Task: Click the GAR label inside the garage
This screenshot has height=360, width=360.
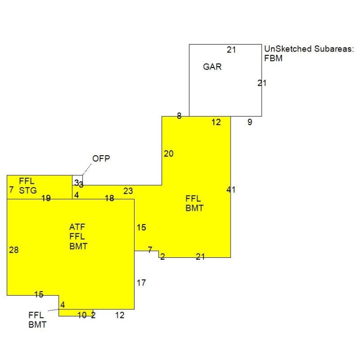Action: point(212,67)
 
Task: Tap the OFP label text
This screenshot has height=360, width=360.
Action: point(101,158)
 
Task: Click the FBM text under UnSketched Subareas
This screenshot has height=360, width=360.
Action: point(273,58)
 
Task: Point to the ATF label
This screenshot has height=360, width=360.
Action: point(77,227)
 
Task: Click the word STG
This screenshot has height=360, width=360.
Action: point(28,191)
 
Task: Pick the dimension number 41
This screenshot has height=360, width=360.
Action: point(231,190)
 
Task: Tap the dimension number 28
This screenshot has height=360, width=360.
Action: point(14,250)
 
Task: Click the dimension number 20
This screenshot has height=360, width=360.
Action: point(169,154)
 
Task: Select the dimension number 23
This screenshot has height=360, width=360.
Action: point(128,191)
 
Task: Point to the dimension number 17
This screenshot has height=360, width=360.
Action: point(141,283)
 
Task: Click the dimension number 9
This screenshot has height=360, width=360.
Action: point(250,122)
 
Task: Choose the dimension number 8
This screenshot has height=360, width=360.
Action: point(180,116)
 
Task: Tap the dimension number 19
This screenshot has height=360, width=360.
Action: point(46,198)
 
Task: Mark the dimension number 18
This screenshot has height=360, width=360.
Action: point(109,198)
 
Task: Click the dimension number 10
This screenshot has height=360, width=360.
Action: point(82,315)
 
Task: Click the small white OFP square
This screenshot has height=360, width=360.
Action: point(78,180)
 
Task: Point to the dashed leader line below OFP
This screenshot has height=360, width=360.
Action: point(87,169)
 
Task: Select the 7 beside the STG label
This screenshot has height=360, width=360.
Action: point(11,190)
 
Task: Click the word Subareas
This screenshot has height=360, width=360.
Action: point(334,49)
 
